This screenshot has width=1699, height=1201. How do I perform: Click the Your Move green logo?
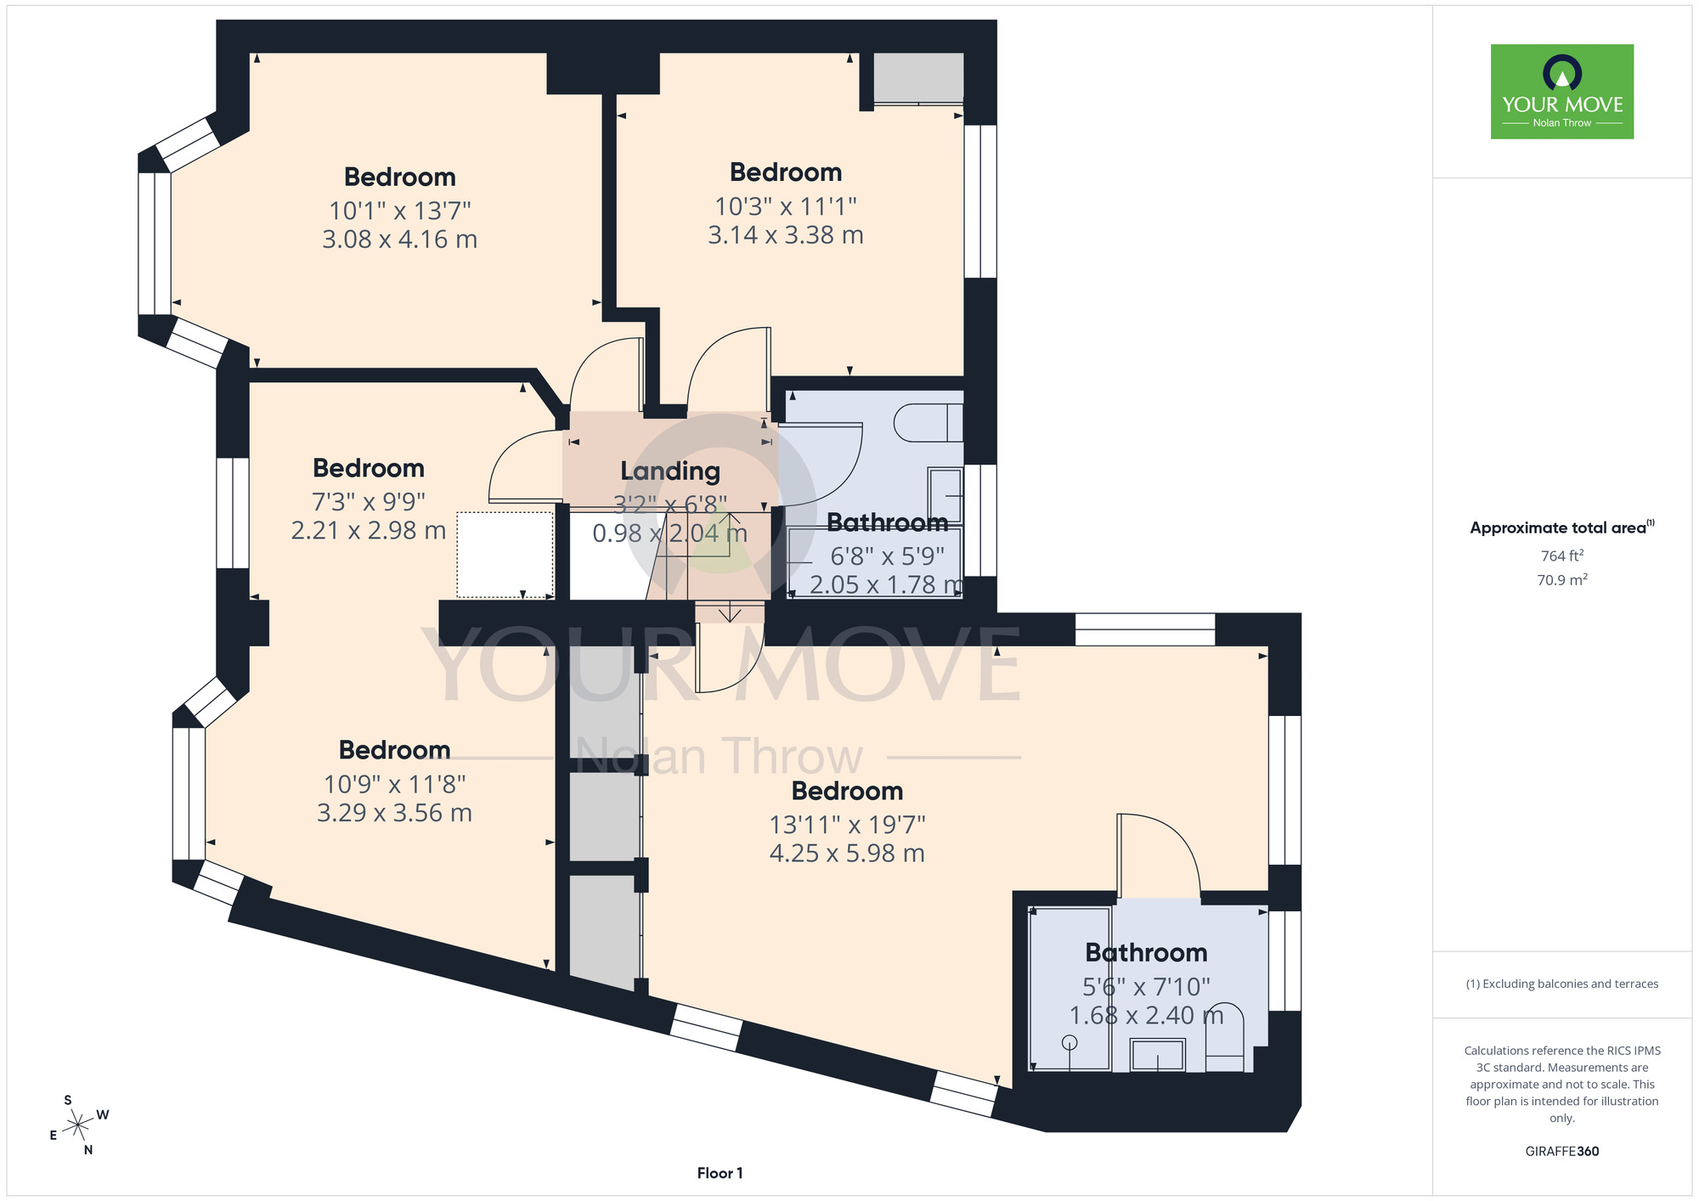[x=1562, y=92]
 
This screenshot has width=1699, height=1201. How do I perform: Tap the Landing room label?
[x=670, y=471]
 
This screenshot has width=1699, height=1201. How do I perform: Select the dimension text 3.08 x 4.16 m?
[x=399, y=240]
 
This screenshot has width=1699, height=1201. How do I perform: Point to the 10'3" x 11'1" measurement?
[x=786, y=206]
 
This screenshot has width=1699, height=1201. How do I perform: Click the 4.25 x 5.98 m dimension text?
[x=847, y=854]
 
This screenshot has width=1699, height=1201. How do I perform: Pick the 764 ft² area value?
[x=1562, y=555]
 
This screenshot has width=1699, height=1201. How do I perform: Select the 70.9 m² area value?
[x=1562, y=580]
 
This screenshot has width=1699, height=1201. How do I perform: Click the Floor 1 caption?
[x=720, y=1173]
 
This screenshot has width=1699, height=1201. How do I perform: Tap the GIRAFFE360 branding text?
[x=1562, y=1151]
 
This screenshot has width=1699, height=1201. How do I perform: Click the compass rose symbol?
[x=78, y=1126]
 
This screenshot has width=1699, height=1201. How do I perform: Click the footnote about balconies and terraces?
[x=1562, y=984]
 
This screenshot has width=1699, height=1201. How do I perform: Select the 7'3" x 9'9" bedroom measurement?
[x=369, y=502]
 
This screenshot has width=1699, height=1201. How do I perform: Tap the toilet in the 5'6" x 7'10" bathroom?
[x=1225, y=1037]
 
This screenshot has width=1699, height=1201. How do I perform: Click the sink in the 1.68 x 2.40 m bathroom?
[x=1157, y=1055]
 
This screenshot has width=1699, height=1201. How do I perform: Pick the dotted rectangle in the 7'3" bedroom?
[x=505, y=555]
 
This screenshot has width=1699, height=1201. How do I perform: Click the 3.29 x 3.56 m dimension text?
[x=394, y=813]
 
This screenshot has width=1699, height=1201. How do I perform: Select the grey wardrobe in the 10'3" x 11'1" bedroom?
[x=919, y=78]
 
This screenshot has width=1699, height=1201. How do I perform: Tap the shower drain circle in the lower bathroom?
[x=1070, y=1042]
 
